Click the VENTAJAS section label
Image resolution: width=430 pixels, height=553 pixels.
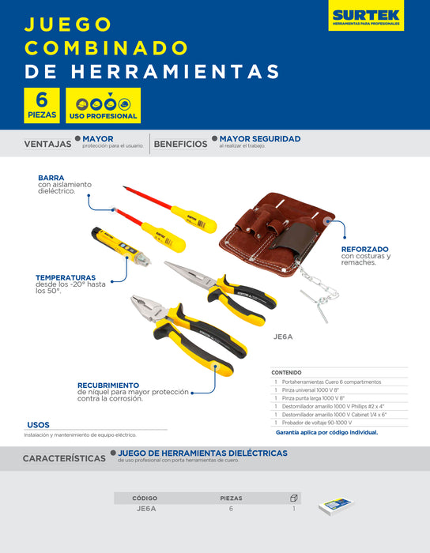click(47, 145)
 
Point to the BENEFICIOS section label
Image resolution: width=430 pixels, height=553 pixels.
click(180, 145)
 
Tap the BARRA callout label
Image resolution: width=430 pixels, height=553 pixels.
click(51, 178)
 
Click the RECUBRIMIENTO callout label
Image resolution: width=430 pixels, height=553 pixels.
click(108, 385)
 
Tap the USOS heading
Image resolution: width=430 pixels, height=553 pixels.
click(38, 424)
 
